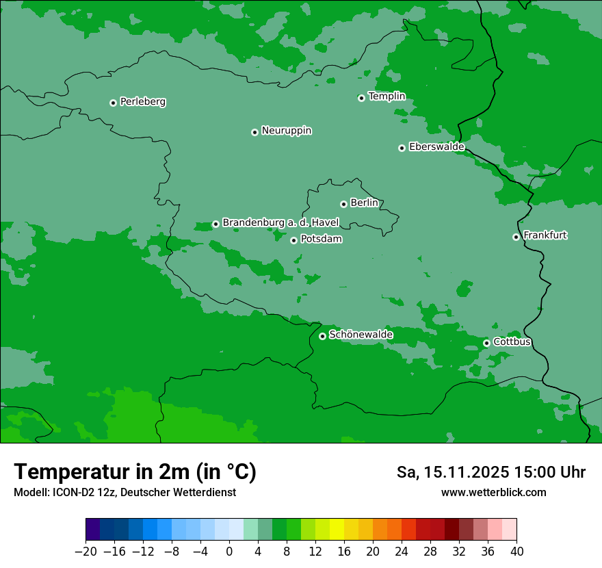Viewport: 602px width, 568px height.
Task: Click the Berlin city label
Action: pyautogui.click(x=364, y=203)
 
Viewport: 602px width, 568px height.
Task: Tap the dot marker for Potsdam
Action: pyautogui.click(x=293, y=240)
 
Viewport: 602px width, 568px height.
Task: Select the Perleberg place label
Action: pyautogui.click(x=143, y=102)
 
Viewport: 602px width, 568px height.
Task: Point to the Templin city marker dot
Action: pyautogui.click(x=361, y=98)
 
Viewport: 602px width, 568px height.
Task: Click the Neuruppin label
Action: pyautogui.click(x=287, y=131)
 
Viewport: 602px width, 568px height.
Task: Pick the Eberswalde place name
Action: pyautogui.click(x=436, y=146)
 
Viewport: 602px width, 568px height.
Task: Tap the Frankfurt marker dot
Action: pyautogui.click(x=516, y=237)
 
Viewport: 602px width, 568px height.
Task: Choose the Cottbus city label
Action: pyautogui.click(x=512, y=341)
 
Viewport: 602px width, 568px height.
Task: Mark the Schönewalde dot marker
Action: pyautogui.click(x=322, y=336)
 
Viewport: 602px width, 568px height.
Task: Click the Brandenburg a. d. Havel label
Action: pyautogui.click(x=280, y=222)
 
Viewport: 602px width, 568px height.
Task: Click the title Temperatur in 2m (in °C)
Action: pyautogui.click(x=135, y=472)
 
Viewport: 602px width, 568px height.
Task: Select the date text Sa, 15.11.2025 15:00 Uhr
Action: pyautogui.click(x=491, y=472)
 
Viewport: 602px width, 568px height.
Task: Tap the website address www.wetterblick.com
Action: pyautogui.click(x=494, y=492)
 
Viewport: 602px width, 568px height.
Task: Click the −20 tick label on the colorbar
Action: pyautogui.click(x=86, y=552)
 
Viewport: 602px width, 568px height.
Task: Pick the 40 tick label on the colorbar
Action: pyautogui.click(x=516, y=552)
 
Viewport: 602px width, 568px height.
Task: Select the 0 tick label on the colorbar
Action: pyautogui.click(x=229, y=552)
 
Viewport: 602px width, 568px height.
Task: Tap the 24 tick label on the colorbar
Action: pyautogui.click(x=402, y=552)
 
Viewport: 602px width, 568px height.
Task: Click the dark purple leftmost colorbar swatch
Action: pyautogui.click(x=92, y=530)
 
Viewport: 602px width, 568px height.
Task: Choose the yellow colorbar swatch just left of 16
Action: pyautogui.click(x=337, y=530)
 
